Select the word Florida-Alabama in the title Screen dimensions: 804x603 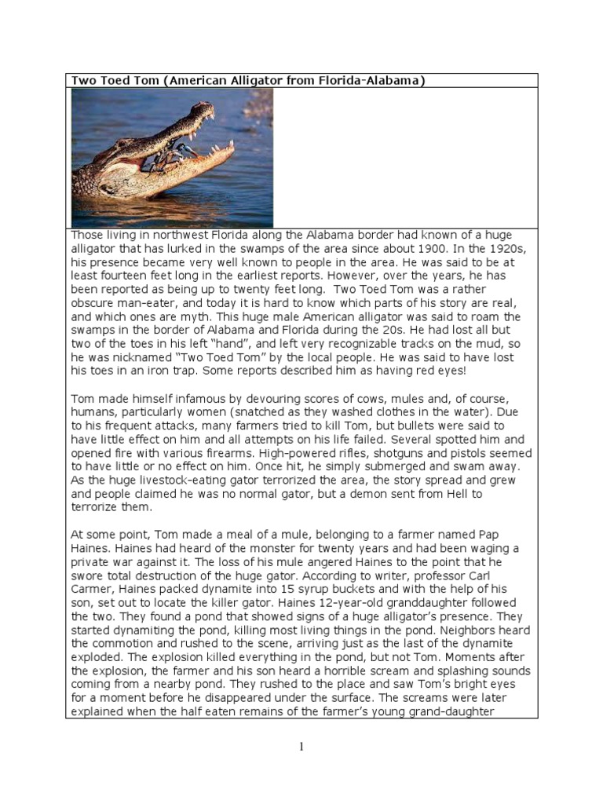coord(371,80)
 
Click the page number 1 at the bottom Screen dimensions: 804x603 coord(301,747)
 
